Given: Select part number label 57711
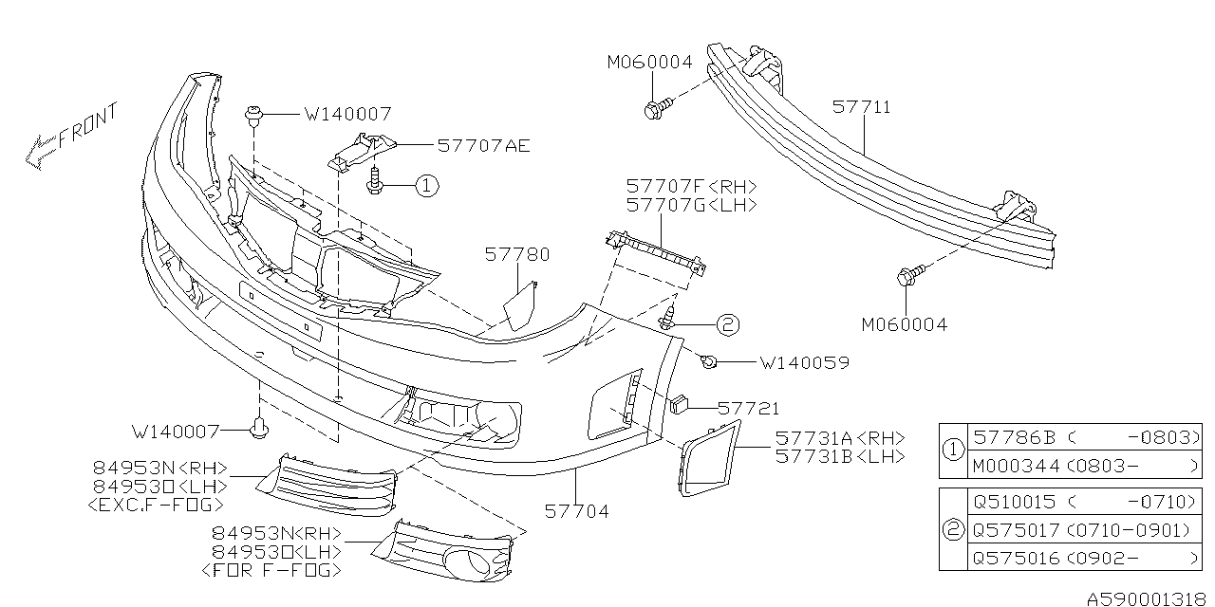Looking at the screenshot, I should click(x=861, y=107).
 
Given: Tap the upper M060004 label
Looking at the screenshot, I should click(x=649, y=63).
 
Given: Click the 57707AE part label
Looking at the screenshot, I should click(x=483, y=146).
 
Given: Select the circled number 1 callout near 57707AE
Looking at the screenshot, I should click(x=426, y=187).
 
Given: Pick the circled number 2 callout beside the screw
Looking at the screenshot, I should click(x=726, y=325).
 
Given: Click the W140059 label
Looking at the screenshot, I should click(x=803, y=362).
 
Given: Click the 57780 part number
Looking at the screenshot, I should click(x=516, y=254).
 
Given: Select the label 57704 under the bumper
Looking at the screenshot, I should click(x=576, y=511).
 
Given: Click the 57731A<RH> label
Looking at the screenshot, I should click(x=839, y=438).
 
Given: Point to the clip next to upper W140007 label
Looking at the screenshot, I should click(x=253, y=115).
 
